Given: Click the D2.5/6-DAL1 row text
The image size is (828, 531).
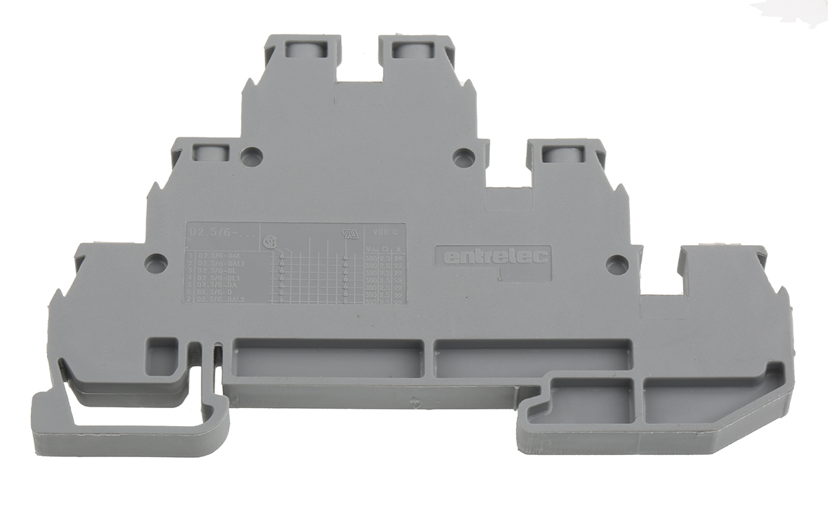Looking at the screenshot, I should click(221, 264).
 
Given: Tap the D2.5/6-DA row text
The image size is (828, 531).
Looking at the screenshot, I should click(218, 286).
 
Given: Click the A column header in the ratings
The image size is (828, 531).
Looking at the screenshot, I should click(397, 248).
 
